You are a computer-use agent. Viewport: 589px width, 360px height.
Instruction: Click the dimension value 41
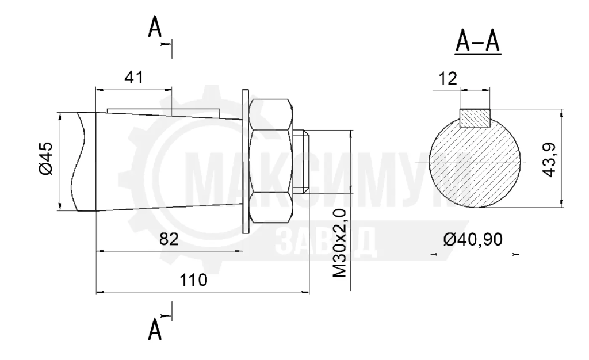point(134,77)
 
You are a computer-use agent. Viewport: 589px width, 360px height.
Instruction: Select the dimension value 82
point(169,239)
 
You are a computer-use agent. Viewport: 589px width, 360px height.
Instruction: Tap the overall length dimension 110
point(193,280)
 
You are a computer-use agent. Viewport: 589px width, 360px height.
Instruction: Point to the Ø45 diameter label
point(46,158)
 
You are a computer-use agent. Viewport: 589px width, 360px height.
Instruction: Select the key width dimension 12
point(448,78)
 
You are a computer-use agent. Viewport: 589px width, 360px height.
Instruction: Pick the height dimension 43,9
point(549,160)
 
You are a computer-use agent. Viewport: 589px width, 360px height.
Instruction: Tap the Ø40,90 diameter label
point(473,239)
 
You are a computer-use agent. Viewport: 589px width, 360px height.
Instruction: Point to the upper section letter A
point(154,28)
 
